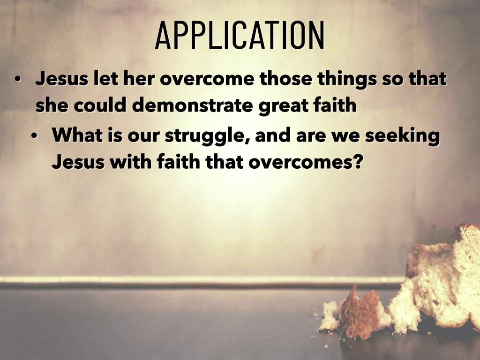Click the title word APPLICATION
(240, 36)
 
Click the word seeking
(403, 136)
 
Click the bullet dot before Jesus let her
(17, 80)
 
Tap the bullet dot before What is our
(34, 136)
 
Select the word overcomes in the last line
(300, 162)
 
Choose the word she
(52, 105)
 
